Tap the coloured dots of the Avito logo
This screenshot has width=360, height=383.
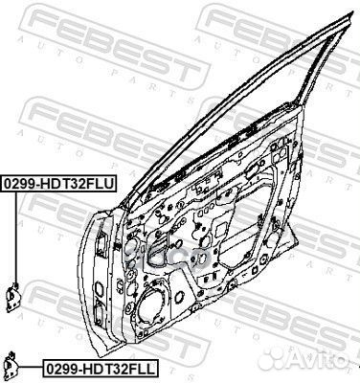click(x=303, y=368)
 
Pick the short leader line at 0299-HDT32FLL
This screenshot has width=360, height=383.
click(x=32, y=365)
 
